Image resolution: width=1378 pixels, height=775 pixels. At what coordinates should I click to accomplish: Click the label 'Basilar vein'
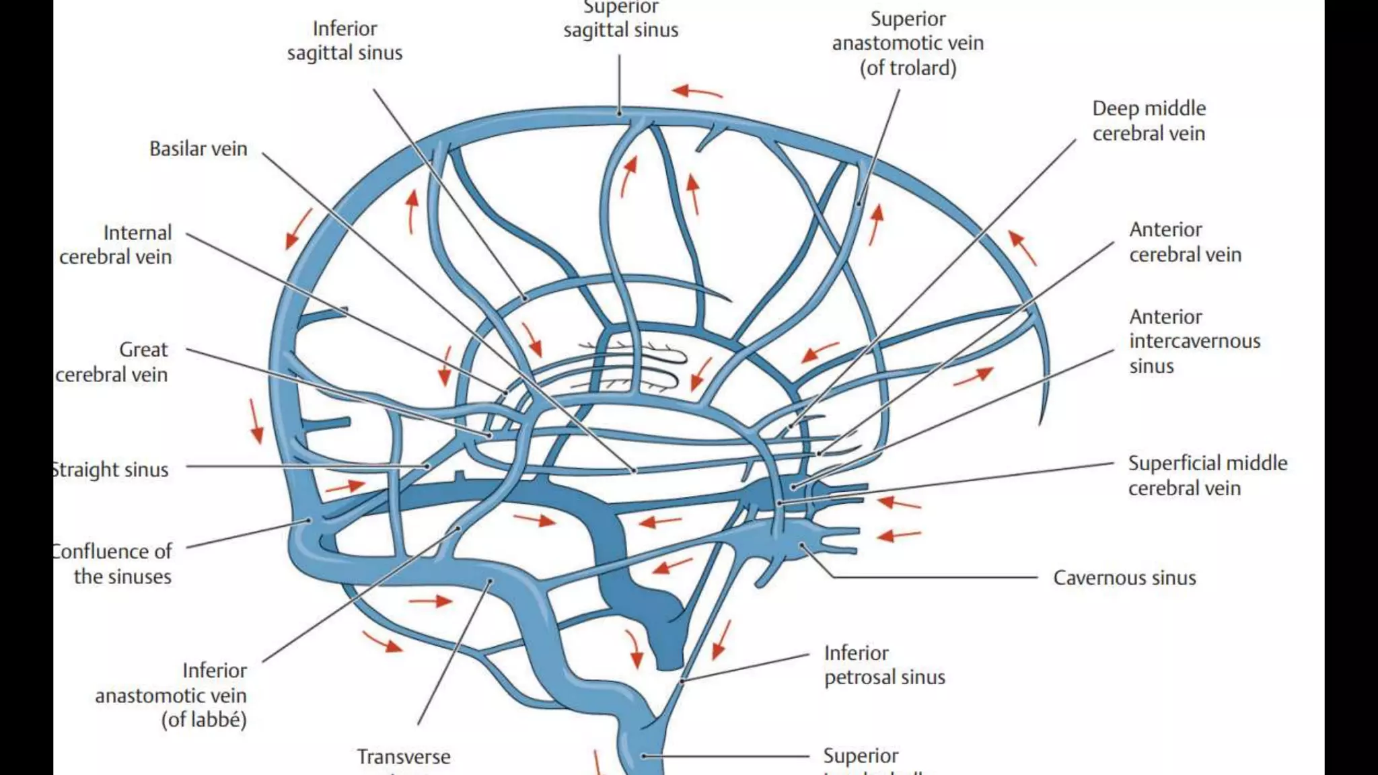coord(198,149)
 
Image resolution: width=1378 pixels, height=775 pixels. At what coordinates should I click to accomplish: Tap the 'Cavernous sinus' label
coord(1124,578)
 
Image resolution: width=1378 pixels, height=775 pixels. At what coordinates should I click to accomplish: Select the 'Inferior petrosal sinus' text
coord(884,665)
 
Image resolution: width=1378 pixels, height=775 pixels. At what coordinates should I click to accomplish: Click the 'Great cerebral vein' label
coord(112,362)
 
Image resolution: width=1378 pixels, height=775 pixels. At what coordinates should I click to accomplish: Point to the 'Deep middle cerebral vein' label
coord(1148,120)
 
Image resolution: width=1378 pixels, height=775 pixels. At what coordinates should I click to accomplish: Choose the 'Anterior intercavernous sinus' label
coord(1194,341)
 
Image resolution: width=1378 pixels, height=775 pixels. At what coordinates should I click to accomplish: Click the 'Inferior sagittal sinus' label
coord(344,40)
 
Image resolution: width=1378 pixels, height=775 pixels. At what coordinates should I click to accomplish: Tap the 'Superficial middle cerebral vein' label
coord(1207,475)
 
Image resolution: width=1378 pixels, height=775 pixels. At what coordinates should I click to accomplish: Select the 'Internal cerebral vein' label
coord(116,244)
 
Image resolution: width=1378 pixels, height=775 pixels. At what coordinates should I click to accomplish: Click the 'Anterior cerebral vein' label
coord(1184,242)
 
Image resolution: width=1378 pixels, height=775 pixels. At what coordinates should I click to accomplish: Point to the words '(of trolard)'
coord(907,68)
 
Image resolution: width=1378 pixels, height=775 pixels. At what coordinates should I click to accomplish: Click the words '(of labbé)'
coord(203,720)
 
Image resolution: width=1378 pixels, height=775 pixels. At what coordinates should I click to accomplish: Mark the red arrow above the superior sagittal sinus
coord(697,91)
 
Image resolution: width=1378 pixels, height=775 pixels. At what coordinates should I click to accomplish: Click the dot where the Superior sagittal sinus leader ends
coord(620,113)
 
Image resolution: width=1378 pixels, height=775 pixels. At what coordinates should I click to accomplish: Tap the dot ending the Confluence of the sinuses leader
coord(310,519)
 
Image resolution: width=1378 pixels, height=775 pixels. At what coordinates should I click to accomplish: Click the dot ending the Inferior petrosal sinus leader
coord(682,681)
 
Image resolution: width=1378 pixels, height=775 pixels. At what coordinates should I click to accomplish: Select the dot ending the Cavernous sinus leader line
coord(802,545)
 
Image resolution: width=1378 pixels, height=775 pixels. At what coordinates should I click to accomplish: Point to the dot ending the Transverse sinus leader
coord(491,581)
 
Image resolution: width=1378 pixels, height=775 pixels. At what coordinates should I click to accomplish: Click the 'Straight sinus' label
coord(111,470)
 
